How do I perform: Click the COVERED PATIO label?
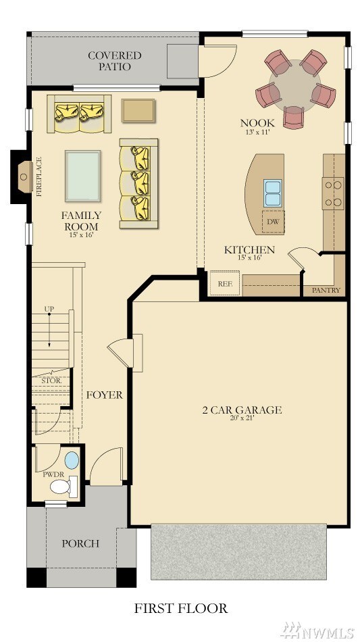115,61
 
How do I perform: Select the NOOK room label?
257,122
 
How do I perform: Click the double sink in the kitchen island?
272,193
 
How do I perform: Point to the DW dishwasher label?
272,222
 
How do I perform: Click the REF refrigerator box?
225,282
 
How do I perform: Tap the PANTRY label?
326,291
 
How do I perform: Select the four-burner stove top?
332,193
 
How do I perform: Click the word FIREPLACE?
40,176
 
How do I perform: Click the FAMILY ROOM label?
81,221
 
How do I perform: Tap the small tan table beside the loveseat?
138,110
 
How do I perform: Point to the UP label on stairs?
49,308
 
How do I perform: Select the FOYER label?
104,395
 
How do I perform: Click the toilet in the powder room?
63,487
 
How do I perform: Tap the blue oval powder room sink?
72,460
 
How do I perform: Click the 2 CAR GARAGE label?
242,410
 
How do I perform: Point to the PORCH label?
80,544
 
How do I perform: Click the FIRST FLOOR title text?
181,608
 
